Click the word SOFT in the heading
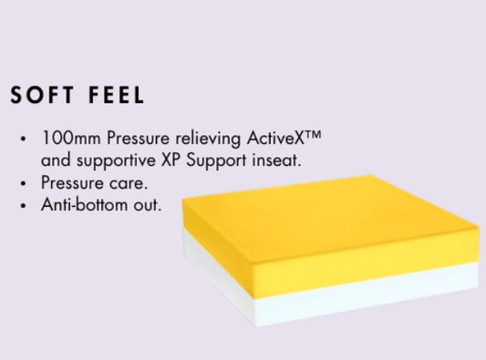(42, 95)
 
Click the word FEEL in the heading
(116, 95)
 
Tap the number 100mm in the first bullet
(71, 138)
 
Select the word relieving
(208, 139)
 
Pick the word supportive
(116, 161)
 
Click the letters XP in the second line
(171, 160)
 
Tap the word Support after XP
(216, 161)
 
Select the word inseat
(276, 160)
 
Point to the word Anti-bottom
(84, 205)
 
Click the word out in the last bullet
(148, 205)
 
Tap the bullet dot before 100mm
(23, 139)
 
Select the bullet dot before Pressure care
(23, 183)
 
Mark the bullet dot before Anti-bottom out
(23, 206)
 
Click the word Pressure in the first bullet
(138, 138)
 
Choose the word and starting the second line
(56, 160)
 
